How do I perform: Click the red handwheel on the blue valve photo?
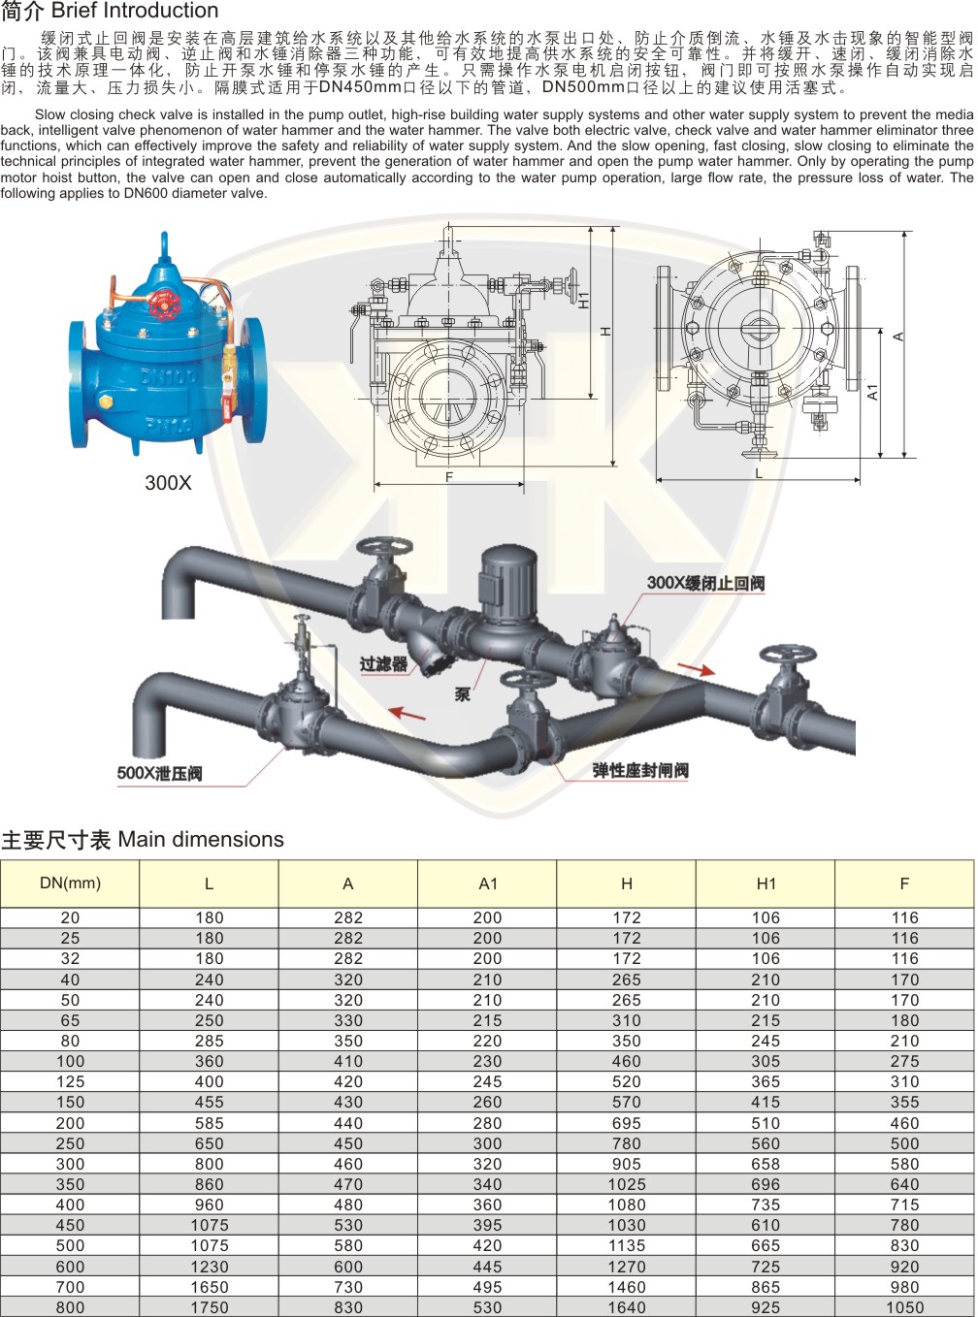(162, 304)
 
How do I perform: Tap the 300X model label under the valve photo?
(168, 483)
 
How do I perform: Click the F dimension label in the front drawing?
(449, 477)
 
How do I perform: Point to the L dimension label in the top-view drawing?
(759, 473)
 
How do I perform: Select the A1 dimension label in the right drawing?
(872, 392)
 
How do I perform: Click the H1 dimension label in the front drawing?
(585, 300)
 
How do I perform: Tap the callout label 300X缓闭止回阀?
(706, 583)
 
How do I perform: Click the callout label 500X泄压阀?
(160, 773)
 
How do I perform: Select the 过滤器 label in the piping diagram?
(383, 663)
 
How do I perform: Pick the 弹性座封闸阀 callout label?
(640, 771)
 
